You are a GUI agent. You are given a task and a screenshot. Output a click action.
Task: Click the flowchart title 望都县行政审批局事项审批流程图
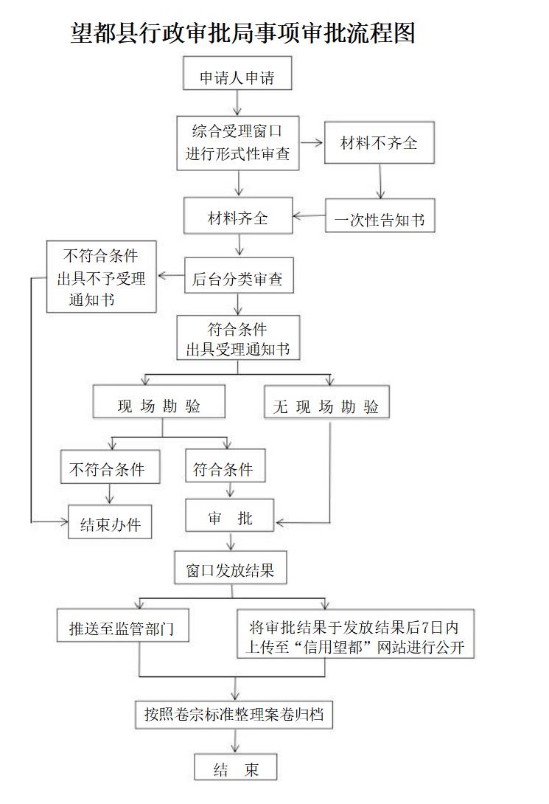pos(242,32)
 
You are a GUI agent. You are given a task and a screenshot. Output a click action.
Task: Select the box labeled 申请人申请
pos(237,73)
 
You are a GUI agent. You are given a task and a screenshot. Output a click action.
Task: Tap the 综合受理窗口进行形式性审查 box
pos(237,143)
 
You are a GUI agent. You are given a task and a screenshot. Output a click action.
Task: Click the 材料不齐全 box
pos(380,142)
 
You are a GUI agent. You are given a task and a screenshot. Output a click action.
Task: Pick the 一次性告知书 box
pos(380,215)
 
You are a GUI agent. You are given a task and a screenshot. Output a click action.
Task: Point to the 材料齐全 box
pos(238,215)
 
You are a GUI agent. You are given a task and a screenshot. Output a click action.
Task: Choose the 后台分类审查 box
pos(239,275)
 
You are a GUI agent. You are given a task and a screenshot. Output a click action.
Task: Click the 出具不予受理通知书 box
pos(102,277)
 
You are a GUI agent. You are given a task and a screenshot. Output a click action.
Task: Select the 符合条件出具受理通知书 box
pos(238,337)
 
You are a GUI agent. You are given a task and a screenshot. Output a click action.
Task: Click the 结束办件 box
pos(110,521)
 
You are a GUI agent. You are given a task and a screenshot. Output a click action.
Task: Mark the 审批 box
pos(230,515)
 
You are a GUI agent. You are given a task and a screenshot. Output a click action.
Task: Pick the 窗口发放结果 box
pos(231,568)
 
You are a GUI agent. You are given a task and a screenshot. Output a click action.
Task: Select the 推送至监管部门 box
pos(123,625)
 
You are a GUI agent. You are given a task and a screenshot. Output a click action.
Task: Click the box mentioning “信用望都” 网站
pos(355,634)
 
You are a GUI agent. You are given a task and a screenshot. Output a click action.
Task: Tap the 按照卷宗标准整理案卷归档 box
pos(234,715)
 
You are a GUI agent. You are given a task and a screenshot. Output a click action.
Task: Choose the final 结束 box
pos(236,767)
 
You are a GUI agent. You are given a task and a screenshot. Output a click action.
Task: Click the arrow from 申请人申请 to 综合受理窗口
pos(237,103)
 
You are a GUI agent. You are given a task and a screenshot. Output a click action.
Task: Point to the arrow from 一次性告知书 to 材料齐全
pos(309,216)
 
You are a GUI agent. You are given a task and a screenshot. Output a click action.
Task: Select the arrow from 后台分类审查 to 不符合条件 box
pos(171,276)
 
